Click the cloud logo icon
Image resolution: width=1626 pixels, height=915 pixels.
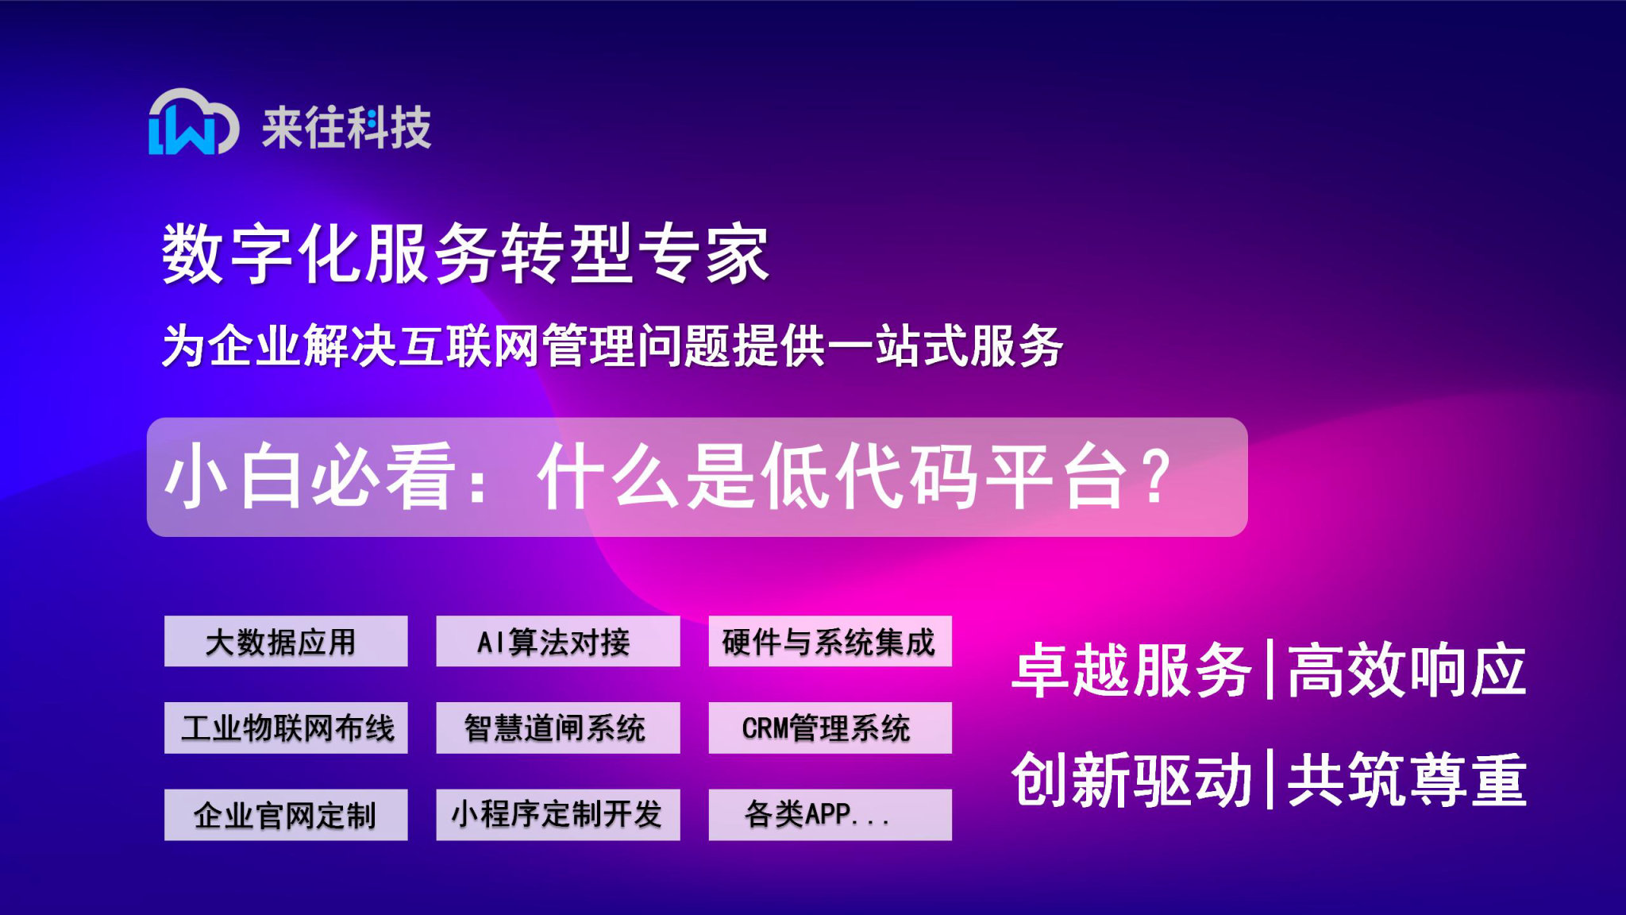click(x=193, y=123)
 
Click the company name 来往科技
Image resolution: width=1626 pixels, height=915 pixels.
click(x=346, y=127)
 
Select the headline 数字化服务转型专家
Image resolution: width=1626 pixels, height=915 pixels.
click(x=465, y=253)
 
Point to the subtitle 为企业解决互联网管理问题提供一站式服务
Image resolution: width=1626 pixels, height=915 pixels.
click(x=611, y=346)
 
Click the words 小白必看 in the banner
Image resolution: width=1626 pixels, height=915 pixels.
click(x=310, y=477)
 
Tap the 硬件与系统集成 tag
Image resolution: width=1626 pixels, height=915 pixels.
click(x=830, y=641)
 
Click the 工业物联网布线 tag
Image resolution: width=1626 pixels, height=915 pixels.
click(x=286, y=728)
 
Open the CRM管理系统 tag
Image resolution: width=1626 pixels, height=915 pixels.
click(x=830, y=728)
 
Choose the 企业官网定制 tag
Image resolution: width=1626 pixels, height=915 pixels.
click(x=286, y=814)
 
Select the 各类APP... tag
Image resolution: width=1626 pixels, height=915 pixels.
click(x=830, y=814)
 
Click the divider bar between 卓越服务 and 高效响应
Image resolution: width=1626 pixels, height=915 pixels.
click(x=1270, y=670)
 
